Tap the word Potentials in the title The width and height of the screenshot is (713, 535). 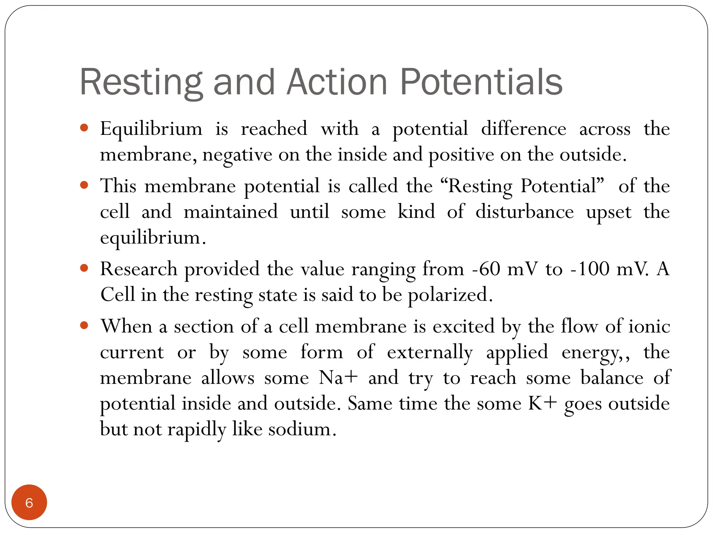pos(481,82)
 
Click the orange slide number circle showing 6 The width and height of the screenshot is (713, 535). pos(29,503)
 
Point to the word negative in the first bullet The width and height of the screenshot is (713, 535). pos(237,155)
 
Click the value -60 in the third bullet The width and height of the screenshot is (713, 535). pos(486,269)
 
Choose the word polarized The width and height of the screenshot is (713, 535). pos(450,295)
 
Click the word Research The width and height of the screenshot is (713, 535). pos(139,269)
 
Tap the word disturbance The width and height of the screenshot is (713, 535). pos(525,212)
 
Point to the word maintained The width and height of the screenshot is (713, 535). pos(231,212)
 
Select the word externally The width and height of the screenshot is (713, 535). pos(430,352)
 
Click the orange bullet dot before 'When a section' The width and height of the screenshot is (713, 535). pos(84,326)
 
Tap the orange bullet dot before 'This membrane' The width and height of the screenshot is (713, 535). pos(84,185)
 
